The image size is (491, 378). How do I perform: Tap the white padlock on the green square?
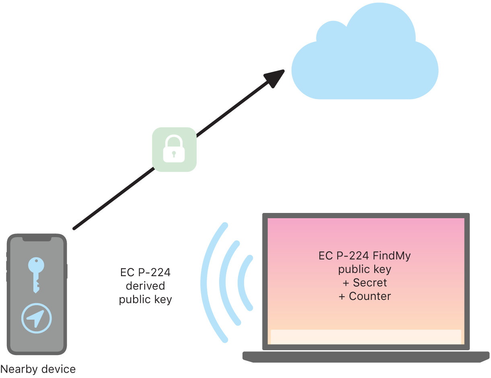[174, 149]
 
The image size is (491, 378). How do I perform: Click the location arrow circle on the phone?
[37, 318]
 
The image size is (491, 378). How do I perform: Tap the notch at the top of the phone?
[37, 239]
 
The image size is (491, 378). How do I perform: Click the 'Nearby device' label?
[38, 369]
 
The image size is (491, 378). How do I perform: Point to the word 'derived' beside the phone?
[145, 286]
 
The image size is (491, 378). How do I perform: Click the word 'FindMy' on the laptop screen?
[392, 256]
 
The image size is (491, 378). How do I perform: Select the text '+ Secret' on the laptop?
[365, 283]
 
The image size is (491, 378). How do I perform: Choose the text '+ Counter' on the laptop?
[365, 296]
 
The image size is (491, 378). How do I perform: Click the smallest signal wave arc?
[244, 283]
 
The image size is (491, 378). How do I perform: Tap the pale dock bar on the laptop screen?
[366, 337]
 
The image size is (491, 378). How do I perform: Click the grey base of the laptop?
[366, 356]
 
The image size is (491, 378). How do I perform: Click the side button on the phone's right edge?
[66, 271]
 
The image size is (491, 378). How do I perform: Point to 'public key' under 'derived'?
[145, 300]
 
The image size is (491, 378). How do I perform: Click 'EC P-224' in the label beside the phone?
[145, 273]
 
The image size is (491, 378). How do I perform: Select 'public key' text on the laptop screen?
[365, 269]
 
